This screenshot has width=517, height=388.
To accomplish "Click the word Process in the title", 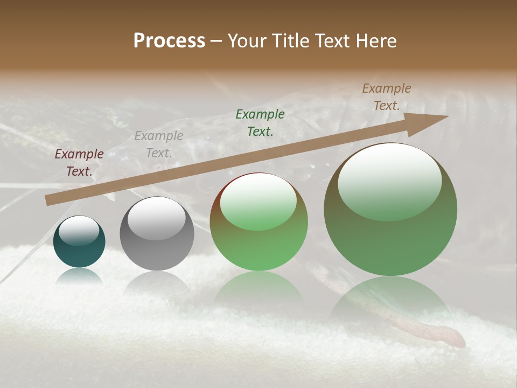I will [x=169, y=41].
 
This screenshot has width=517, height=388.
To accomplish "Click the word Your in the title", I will [x=248, y=41].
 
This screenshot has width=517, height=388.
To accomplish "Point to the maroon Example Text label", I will [x=79, y=162].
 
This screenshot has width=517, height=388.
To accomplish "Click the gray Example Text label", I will [x=159, y=144].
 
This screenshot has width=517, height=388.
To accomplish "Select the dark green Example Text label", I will [x=260, y=122].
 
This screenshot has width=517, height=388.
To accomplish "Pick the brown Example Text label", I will [x=387, y=96].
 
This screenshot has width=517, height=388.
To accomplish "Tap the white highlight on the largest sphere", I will [x=389, y=181].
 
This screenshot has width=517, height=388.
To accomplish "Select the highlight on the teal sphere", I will [x=79, y=231].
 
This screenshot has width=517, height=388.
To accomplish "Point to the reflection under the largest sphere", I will [x=390, y=302].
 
